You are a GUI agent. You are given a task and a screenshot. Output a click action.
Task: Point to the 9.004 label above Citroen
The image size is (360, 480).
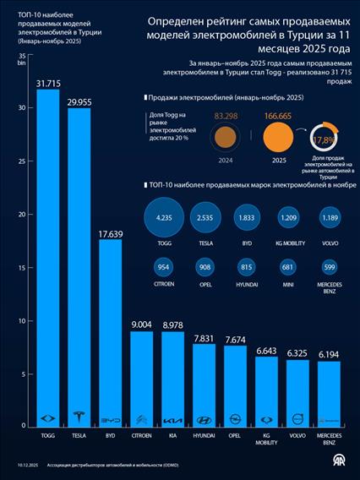pos(141,324)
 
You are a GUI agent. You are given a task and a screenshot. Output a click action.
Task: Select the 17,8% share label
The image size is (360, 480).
pos(323,139)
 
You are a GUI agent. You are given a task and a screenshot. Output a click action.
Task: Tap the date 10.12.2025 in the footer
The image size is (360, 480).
pos(28,465)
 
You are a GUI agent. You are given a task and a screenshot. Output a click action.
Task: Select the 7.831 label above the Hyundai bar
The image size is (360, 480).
pos(204,338)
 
